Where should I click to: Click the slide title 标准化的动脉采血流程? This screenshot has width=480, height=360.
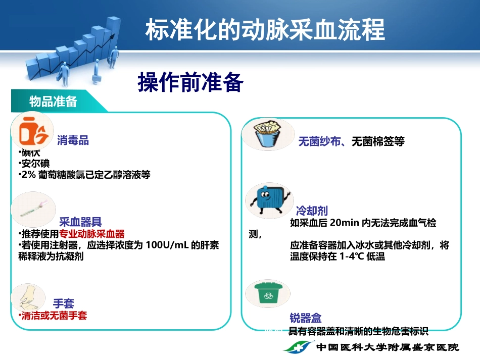click(x=265, y=30)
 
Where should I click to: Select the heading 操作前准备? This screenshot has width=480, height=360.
click(x=190, y=82)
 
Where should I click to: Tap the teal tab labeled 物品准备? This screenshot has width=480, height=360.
click(x=53, y=101)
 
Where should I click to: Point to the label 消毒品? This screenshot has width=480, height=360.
click(x=73, y=140)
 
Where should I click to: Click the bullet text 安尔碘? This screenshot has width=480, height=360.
click(x=34, y=164)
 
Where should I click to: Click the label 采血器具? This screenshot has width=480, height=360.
click(x=81, y=221)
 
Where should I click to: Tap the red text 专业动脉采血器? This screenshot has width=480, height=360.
click(x=92, y=234)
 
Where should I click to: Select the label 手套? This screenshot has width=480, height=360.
click(x=64, y=303)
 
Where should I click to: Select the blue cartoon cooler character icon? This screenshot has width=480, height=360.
click(x=268, y=199)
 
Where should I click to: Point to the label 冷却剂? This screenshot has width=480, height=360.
click(x=312, y=211)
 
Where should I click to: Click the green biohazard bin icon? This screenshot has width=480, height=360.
click(x=266, y=293)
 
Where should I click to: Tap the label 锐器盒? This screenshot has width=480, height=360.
click(x=306, y=318)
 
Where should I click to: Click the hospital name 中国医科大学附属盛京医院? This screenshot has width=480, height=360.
click(x=388, y=348)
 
